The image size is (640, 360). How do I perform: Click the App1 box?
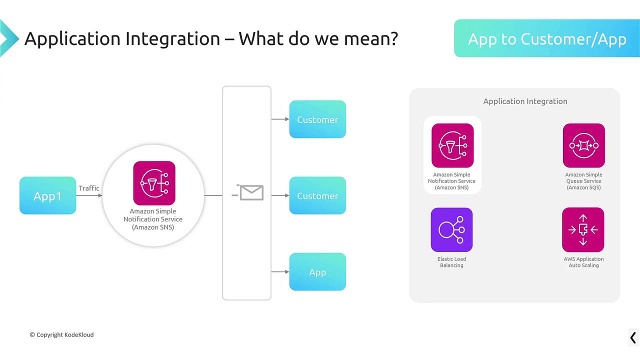click(47, 195)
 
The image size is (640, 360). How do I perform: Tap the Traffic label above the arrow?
click(89, 188)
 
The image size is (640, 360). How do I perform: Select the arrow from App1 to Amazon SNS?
click(89, 195)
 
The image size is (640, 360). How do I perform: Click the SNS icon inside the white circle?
click(154, 183)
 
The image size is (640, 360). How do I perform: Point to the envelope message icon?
click(247, 192)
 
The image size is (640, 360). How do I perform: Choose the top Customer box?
click(317, 119)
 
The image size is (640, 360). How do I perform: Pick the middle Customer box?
click(317, 195)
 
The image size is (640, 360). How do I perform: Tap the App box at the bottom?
click(317, 271)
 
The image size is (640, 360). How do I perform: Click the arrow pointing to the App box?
click(280, 271)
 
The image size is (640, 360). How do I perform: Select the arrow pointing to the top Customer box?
click(280, 119)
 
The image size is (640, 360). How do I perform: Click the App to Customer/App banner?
click(547, 38)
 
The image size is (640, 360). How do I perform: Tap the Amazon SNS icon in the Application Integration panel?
click(452, 145)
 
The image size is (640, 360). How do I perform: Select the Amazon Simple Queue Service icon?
click(584, 145)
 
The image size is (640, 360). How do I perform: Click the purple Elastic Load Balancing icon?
click(451, 229)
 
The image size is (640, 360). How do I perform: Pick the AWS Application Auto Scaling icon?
click(583, 229)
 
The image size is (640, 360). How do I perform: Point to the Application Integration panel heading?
click(525, 101)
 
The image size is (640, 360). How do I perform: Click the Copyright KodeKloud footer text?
click(61, 334)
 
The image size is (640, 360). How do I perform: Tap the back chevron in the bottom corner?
click(633, 337)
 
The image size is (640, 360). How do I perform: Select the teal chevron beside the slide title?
click(9, 38)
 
